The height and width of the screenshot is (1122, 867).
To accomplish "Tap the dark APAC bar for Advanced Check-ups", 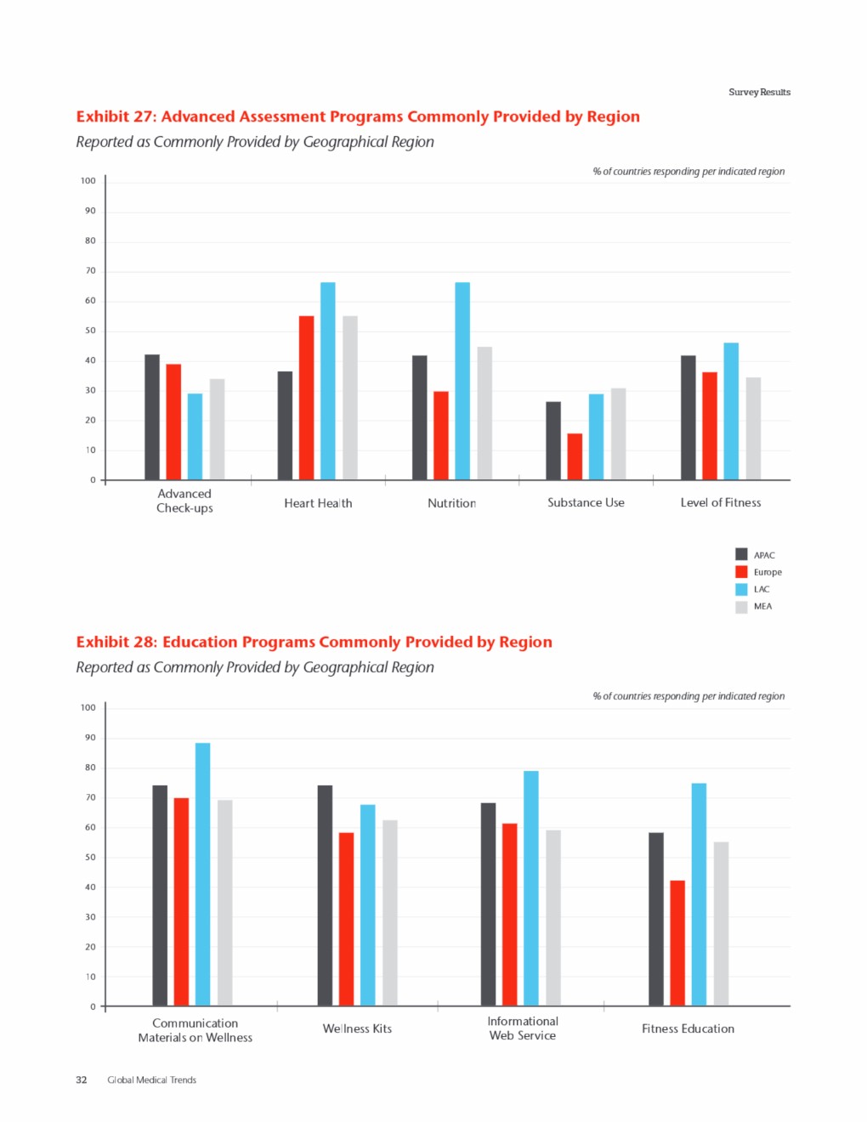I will point(152,416).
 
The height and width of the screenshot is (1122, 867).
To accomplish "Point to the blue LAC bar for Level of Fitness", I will point(731,411).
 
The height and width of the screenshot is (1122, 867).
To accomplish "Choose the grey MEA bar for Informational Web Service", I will point(553,918).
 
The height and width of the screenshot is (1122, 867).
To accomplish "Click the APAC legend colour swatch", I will point(741,554).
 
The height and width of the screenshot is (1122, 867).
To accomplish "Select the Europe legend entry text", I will point(768,572).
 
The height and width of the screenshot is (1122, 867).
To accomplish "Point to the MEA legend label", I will point(762,606).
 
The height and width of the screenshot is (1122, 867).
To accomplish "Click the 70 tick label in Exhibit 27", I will point(90,270).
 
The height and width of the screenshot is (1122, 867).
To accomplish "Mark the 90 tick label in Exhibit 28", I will point(90,738).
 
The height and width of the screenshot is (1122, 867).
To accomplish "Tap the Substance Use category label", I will point(586,502).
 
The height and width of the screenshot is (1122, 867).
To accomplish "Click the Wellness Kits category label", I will point(357,1028).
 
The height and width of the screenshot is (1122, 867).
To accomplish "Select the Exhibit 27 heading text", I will point(358,116).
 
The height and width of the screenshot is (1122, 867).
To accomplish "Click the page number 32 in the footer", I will point(82,1079).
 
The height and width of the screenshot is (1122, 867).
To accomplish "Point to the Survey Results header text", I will point(759,92).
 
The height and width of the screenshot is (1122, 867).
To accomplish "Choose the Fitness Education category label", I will point(688,1028).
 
